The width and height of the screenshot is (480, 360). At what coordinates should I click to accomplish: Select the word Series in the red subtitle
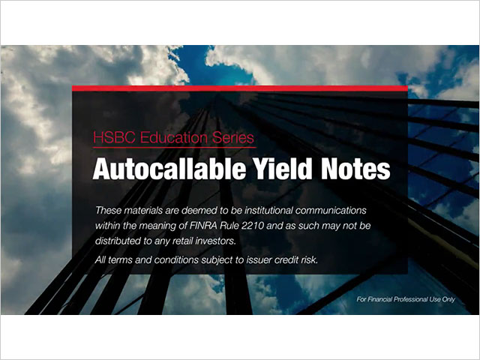coord(233,137)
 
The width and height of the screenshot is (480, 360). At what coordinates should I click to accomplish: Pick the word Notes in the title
coord(355,169)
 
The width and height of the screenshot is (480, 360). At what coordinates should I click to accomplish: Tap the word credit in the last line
coord(286,260)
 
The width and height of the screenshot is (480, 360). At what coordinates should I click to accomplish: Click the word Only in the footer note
coord(448,299)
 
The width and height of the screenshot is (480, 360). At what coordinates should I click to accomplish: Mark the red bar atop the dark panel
coord(240,88)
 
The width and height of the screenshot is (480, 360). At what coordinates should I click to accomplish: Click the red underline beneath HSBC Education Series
coord(175,148)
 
